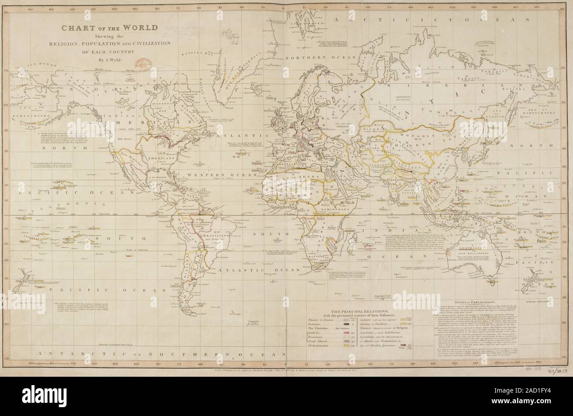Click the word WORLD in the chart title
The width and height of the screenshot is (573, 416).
click(141, 27)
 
